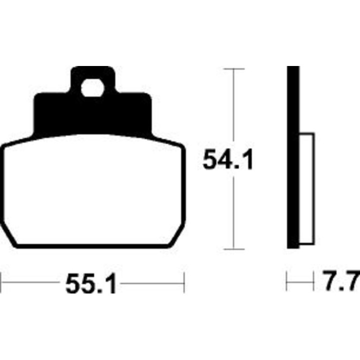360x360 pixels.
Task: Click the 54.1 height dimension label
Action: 228,159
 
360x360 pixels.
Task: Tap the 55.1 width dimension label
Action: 90,283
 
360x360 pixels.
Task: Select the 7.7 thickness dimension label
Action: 341,280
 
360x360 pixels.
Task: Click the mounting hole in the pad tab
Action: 92,88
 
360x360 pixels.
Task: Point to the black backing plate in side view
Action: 293,157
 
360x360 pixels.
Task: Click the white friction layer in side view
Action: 307,188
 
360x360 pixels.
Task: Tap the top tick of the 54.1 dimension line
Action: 234,68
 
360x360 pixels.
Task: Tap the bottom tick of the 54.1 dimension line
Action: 234,249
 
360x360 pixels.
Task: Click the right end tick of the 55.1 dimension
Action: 184,282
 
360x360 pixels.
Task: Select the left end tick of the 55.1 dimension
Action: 0,282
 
